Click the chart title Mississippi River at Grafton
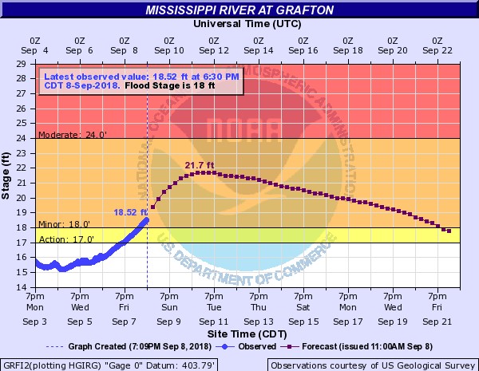[x=239, y=10]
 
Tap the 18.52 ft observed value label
[x=131, y=212]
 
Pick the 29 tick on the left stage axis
[x=27, y=63]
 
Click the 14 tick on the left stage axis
[x=27, y=287]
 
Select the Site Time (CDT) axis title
[x=239, y=332]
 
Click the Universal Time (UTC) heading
[x=239, y=23]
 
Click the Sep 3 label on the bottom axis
[x=34, y=322]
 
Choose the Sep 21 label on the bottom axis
[x=437, y=322]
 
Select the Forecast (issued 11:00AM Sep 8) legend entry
[x=361, y=346]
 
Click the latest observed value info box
[x=140, y=81]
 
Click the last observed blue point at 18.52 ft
[x=147, y=219]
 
